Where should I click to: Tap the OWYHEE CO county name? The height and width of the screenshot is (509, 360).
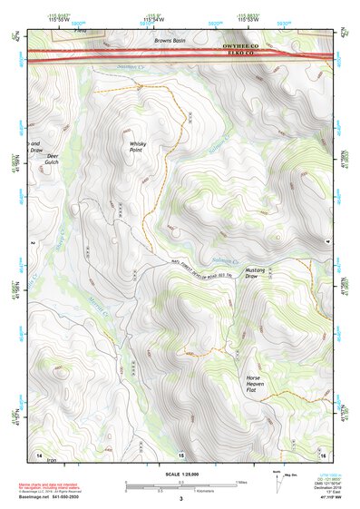(x=239, y=44)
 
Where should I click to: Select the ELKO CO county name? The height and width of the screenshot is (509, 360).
(x=239, y=54)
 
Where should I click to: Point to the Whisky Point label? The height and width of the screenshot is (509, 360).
(x=138, y=148)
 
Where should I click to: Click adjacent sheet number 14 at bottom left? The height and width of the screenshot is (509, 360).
(x=38, y=453)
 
